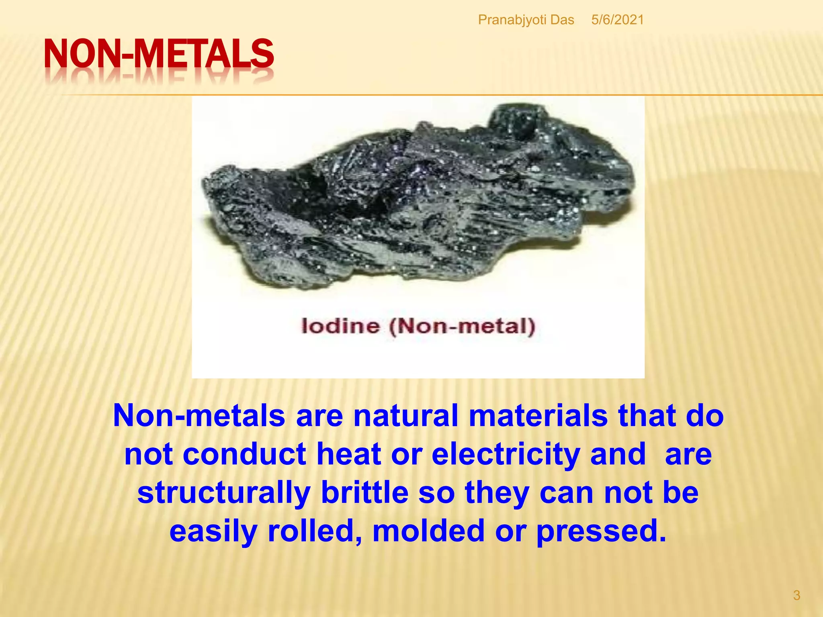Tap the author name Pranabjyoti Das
click(x=526, y=20)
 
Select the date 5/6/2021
click(x=617, y=20)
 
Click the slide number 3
click(x=796, y=595)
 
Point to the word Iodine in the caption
click(x=340, y=326)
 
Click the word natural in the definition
click(x=405, y=415)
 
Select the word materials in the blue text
click(x=538, y=415)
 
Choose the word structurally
click(x=224, y=493)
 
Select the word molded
click(x=428, y=531)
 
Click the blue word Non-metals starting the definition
click(x=199, y=415)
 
